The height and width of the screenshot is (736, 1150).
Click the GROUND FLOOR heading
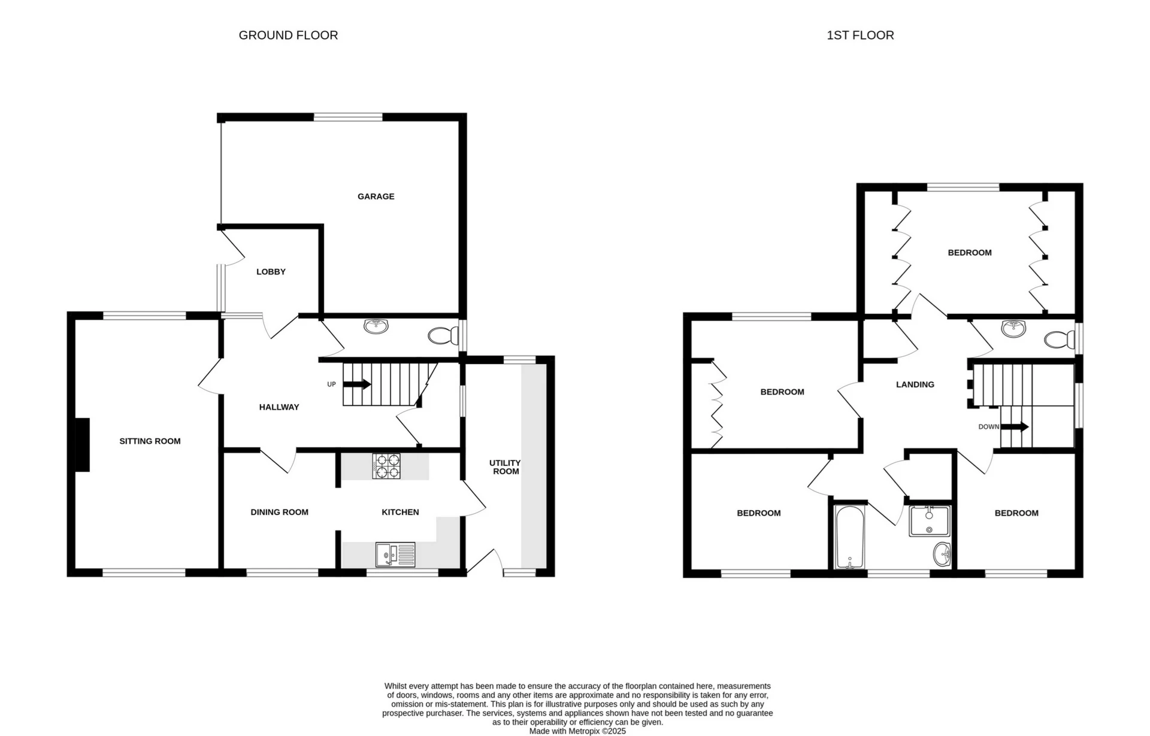coord(288,35)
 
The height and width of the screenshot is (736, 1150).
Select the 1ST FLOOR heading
coord(860,35)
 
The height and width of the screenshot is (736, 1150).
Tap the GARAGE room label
coord(376,196)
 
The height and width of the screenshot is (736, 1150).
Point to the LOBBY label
coord(271,272)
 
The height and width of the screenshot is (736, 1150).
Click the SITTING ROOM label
coord(150,441)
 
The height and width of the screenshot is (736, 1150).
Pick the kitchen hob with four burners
coord(386,467)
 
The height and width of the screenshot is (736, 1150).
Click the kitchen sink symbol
coord(395,555)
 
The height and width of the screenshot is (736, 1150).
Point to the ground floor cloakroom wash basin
coord(376,326)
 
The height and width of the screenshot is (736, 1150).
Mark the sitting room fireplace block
coord(82,445)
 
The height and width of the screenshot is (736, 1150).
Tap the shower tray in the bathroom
coord(929,521)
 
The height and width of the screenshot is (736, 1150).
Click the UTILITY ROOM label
coord(505,467)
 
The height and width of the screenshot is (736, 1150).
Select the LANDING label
coord(915,384)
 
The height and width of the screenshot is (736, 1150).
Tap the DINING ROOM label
coord(279,512)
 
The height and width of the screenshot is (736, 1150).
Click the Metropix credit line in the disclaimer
coord(577,731)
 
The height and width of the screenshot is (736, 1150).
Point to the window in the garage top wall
coord(348,117)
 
